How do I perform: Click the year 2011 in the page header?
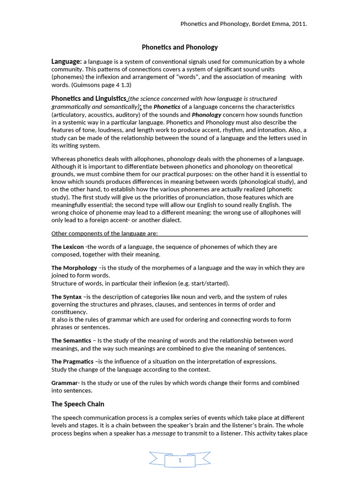click(299, 24)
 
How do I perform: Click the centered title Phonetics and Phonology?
click(180, 47)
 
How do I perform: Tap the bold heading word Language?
click(67, 62)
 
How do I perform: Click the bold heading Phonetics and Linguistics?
click(89, 99)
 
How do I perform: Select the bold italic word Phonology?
click(206, 115)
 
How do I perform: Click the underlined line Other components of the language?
click(105, 233)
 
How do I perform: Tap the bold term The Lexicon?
click(67, 247)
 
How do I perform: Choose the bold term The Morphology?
click(74, 268)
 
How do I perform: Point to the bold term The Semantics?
click(71, 340)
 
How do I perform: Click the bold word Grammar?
click(64, 383)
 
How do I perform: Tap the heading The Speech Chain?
click(78, 404)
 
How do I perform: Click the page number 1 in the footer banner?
click(180, 461)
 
